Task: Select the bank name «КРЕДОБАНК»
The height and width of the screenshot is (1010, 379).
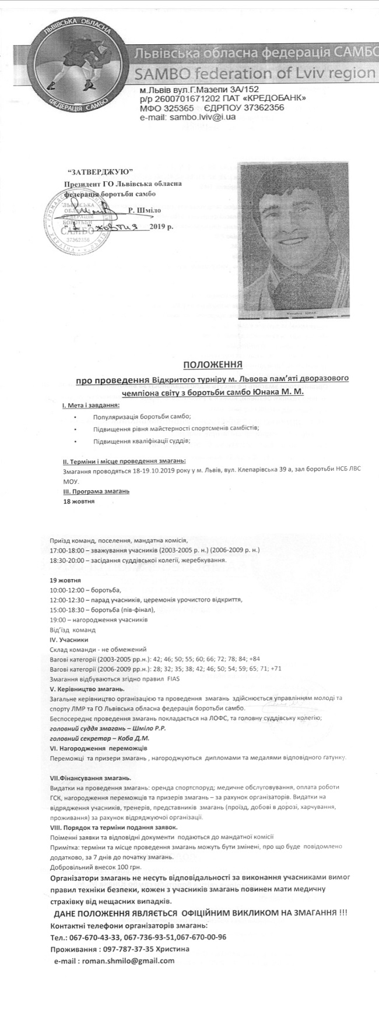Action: pyautogui.click(x=269, y=99)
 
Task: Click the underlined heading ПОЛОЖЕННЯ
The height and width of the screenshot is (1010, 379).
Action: pyautogui.click(x=213, y=365)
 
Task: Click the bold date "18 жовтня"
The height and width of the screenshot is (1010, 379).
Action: pyautogui.click(x=79, y=501)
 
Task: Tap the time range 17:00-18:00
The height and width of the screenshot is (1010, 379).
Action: pyautogui.click(x=67, y=550)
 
